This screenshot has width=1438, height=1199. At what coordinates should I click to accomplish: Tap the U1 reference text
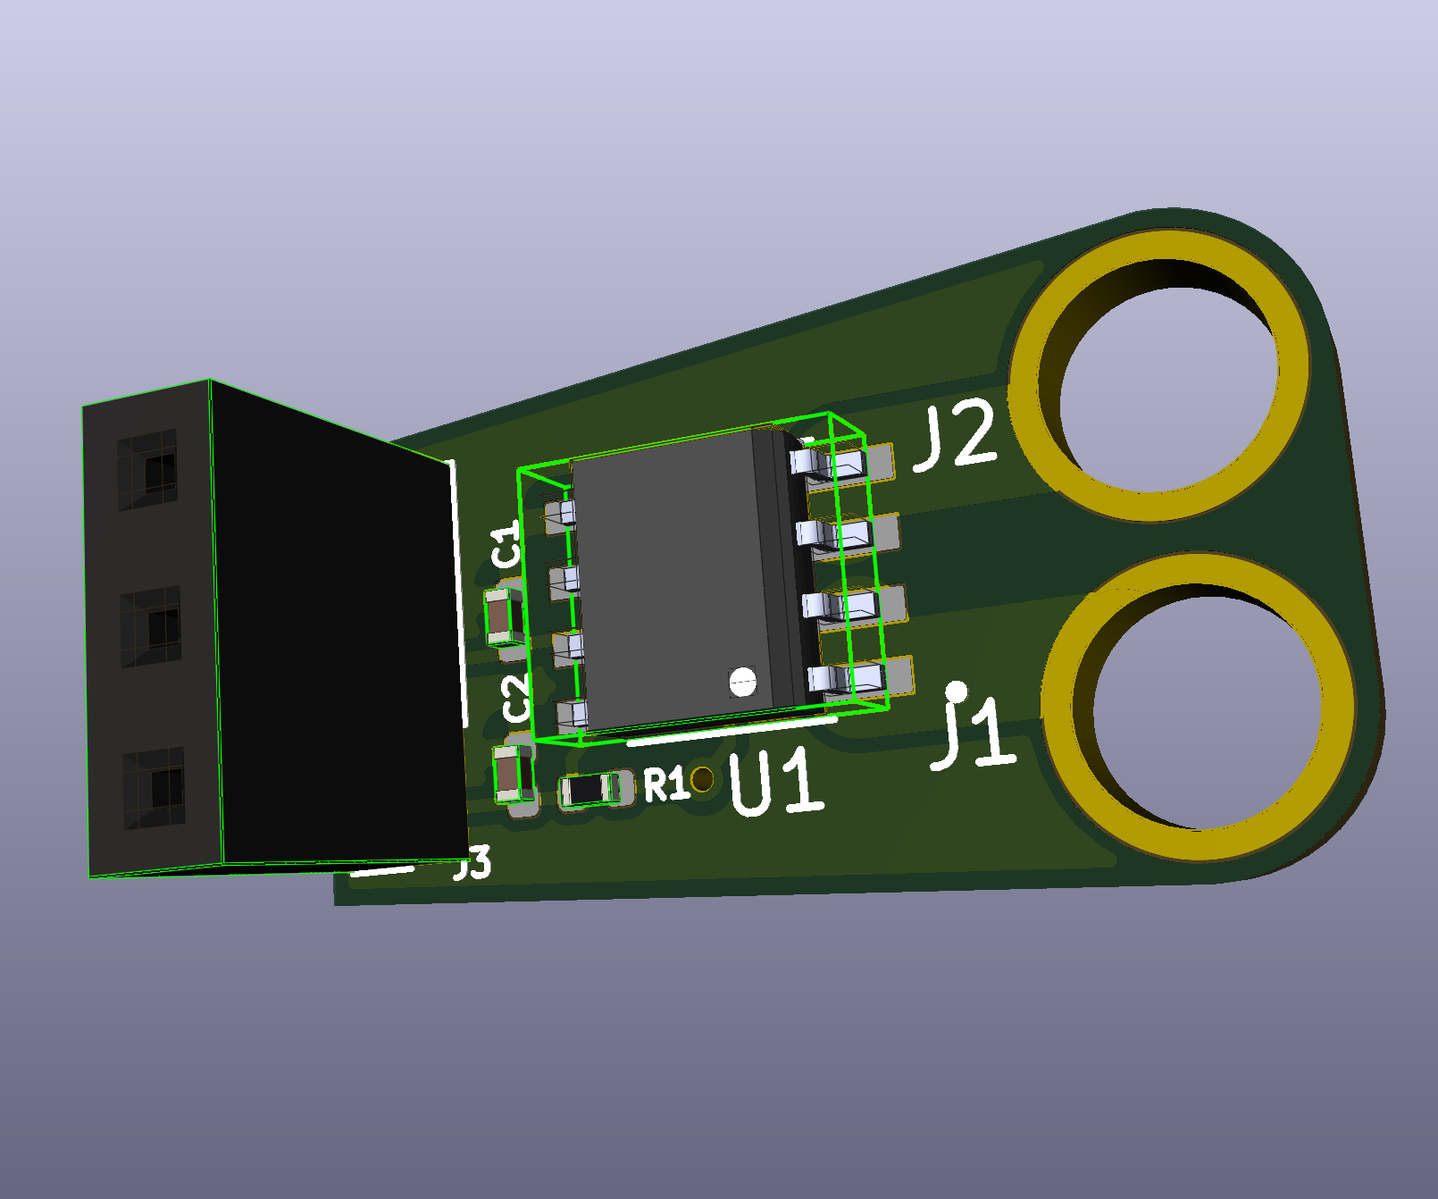(775, 784)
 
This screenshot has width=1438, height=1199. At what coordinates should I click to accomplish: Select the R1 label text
(665, 785)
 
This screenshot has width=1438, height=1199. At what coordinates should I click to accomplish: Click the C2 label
(516, 698)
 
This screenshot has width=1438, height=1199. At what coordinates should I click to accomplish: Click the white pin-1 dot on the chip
(742, 682)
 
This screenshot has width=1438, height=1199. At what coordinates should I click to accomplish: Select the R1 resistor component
(589, 790)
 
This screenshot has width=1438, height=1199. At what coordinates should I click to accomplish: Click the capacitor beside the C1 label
(506, 616)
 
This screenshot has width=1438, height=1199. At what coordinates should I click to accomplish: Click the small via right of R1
(703, 779)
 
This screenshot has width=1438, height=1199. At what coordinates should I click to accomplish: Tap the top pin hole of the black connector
(160, 466)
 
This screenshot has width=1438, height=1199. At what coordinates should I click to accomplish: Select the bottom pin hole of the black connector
(166, 788)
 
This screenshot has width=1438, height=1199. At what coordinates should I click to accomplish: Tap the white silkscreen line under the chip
(732, 730)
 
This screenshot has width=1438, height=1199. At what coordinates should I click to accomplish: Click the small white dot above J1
(957, 691)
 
